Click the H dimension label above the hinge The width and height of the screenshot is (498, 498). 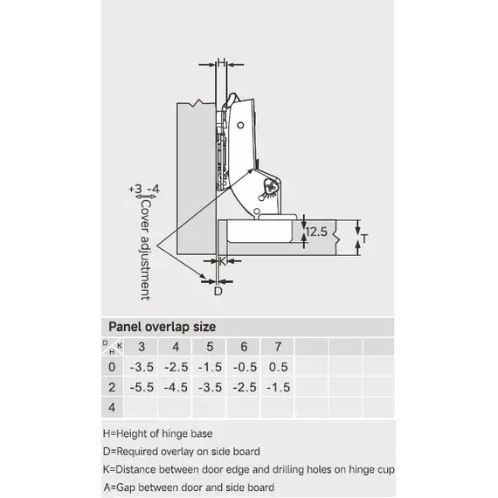222,62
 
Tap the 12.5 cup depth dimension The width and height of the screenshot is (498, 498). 316,232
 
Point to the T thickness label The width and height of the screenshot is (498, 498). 364,239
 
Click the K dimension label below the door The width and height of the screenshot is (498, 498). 222,261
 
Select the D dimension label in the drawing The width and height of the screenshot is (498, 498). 218,291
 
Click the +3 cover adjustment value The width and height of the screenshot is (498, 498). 135,189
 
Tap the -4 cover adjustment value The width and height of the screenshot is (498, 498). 154,189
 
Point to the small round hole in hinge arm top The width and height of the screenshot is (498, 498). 240,125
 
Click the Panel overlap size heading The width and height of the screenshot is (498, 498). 163,327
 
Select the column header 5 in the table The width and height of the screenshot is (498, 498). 210,347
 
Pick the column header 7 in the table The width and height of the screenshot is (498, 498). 278,347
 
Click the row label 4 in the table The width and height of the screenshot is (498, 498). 112,407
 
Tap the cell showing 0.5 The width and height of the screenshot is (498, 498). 279,367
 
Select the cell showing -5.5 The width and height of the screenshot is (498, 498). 142,387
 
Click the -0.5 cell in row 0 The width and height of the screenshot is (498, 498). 245,367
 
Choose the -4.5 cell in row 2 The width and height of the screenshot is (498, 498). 176,387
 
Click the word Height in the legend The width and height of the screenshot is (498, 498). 131,434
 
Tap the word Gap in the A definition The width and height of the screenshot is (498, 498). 126,488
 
